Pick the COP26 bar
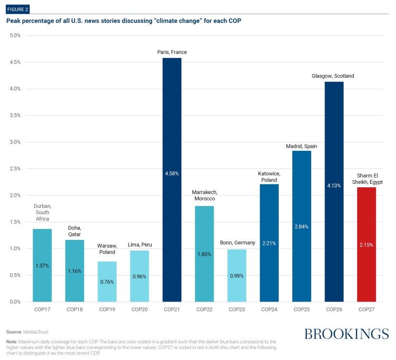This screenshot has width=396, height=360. (x=334, y=192)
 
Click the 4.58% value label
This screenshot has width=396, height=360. (x=172, y=173)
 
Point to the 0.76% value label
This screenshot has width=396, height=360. (x=107, y=282)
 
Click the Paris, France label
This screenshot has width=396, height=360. (x=172, y=52)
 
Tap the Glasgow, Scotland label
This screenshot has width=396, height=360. (x=334, y=76)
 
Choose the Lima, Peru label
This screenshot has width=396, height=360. (x=139, y=245)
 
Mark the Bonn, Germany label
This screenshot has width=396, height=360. (x=237, y=243)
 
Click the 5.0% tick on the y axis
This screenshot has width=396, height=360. (x=15, y=36)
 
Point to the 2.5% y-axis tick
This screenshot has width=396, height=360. (x=15, y=169)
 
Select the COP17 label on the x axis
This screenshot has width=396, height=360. (x=42, y=310)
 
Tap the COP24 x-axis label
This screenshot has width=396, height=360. (x=269, y=310)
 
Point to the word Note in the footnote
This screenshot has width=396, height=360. (x=12, y=341)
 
